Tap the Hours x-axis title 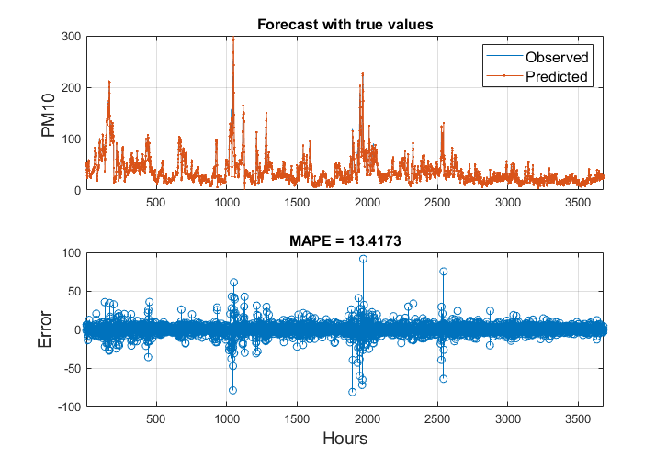(345, 439)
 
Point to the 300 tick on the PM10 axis (71, 37)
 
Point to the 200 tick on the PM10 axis (71, 88)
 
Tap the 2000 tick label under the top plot (367, 202)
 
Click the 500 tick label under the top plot (155, 202)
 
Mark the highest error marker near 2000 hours (363, 259)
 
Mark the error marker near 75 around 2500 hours (443, 272)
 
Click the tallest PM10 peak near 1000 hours (232, 39)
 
